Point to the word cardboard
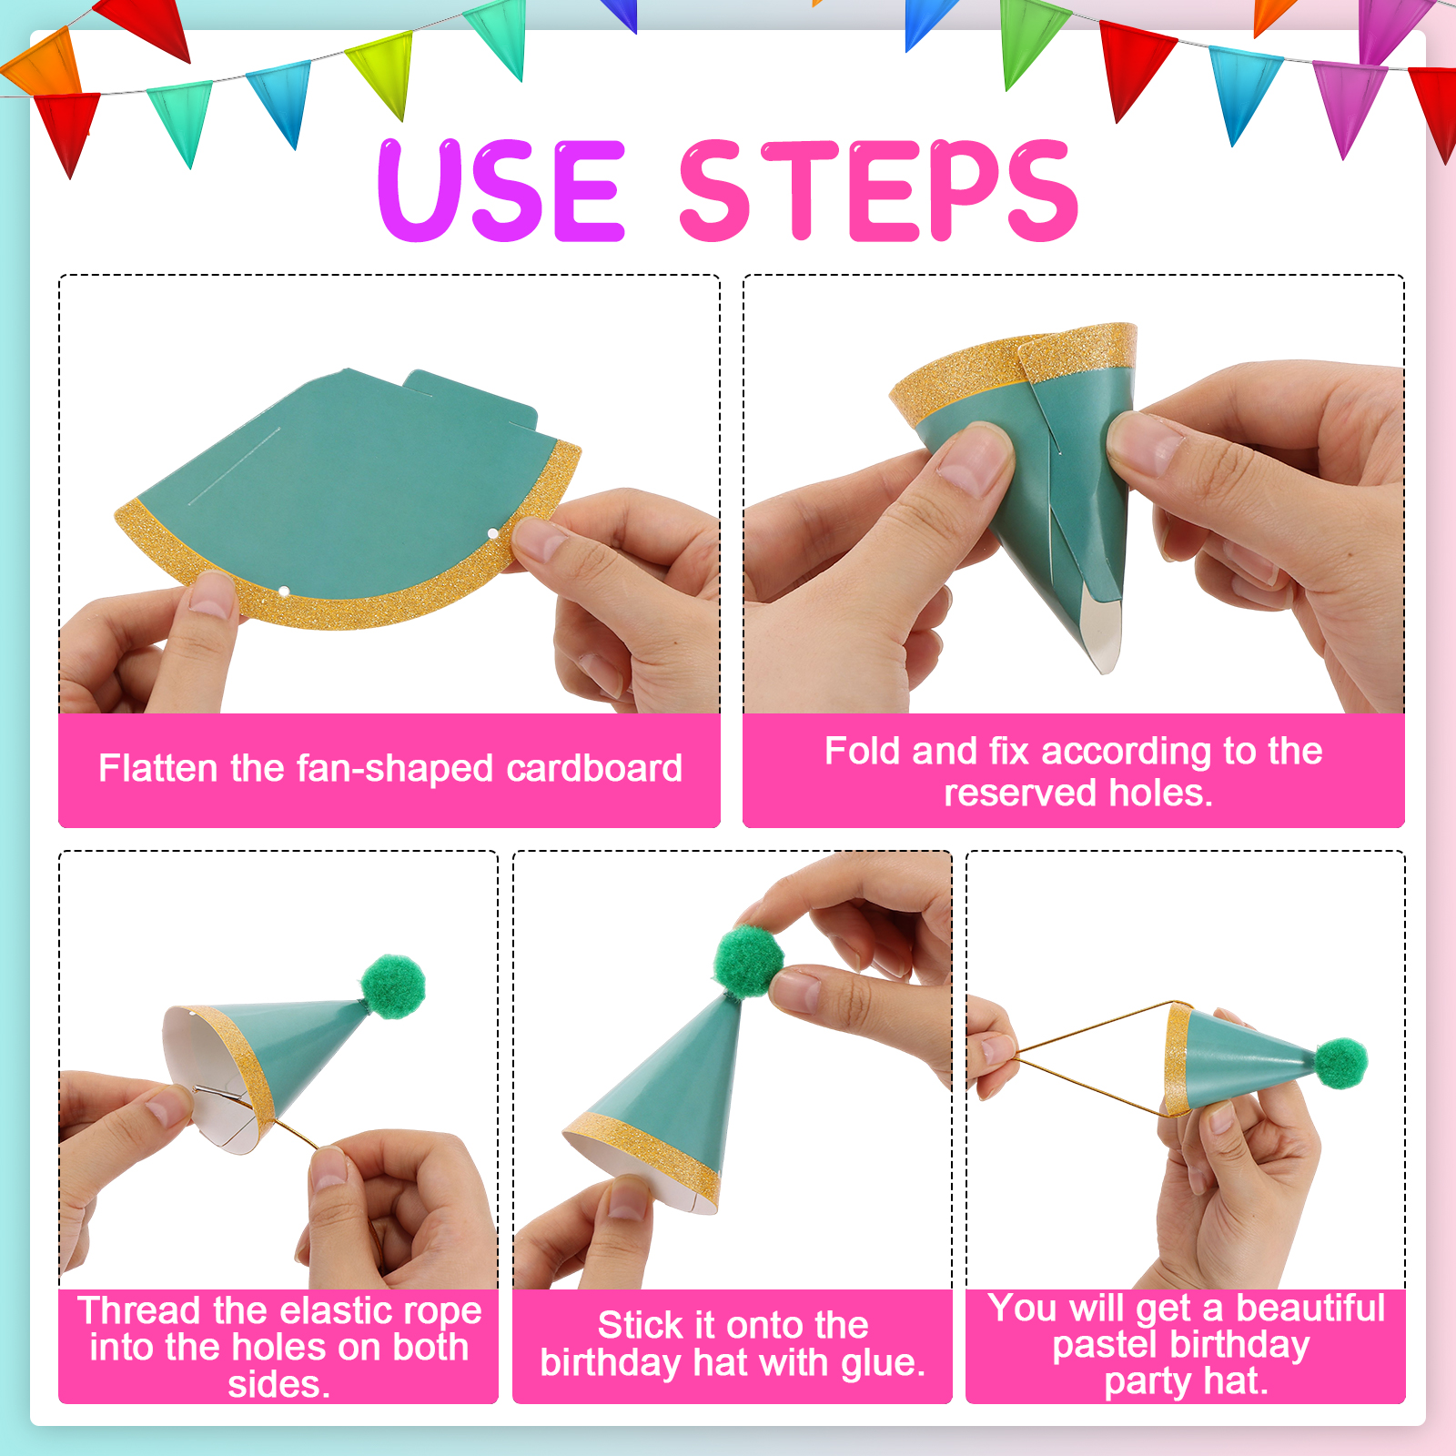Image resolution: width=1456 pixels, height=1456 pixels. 594,768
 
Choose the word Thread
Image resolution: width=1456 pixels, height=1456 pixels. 138,1310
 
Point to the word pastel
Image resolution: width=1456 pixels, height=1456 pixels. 1104,1345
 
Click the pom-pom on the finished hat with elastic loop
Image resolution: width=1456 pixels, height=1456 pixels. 1341,1063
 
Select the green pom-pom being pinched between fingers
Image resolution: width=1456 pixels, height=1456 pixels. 749,963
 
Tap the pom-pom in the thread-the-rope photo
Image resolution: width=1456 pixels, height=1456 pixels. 393,986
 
